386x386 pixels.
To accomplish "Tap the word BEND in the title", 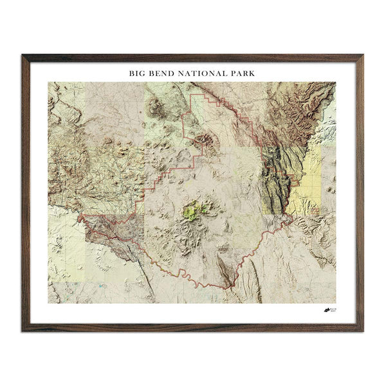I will (x=164, y=73).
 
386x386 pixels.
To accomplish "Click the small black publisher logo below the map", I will (x=329, y=311).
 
